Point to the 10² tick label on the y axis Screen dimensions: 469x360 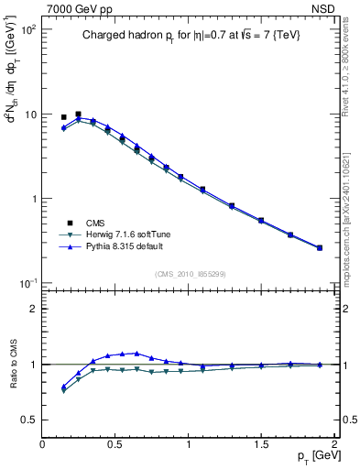coord(27,30)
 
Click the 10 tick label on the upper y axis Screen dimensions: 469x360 coord(30,115)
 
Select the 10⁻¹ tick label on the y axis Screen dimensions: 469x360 coord(27,283)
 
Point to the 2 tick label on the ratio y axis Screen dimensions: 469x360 coord(34,309)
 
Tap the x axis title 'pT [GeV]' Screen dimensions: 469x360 coord(315,456)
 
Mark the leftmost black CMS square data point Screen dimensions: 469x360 coord(63,117)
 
